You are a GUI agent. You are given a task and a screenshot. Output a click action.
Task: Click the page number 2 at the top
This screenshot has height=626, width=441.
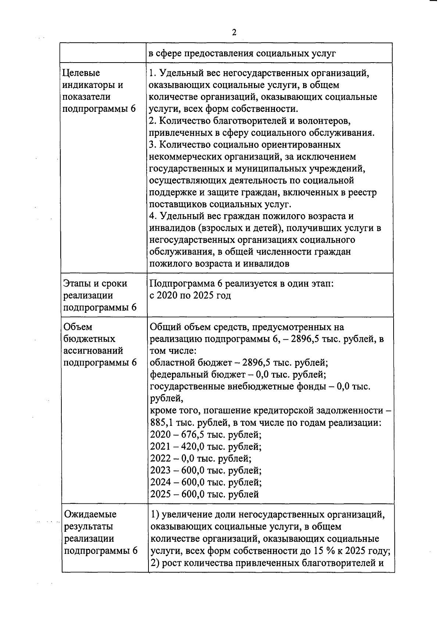[234, 32]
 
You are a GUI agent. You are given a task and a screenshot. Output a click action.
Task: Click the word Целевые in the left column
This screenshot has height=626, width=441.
[81, 73]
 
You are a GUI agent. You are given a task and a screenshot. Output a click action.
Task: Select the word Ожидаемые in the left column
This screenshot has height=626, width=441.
[90, 514]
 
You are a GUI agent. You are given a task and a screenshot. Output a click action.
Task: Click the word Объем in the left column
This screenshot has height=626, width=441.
[78, 327]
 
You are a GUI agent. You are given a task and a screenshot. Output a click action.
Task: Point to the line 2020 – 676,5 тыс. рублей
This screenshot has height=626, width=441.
[206, 435]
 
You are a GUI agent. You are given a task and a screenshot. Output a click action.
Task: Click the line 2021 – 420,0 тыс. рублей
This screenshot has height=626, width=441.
[206, 447]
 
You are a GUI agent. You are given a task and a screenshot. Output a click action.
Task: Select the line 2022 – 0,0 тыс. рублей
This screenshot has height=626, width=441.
[201, 459]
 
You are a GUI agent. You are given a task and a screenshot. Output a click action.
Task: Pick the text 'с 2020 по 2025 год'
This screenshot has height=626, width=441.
[190, 296]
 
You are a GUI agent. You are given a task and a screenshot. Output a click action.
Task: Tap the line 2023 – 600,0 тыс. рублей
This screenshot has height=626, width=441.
[206, 470]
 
